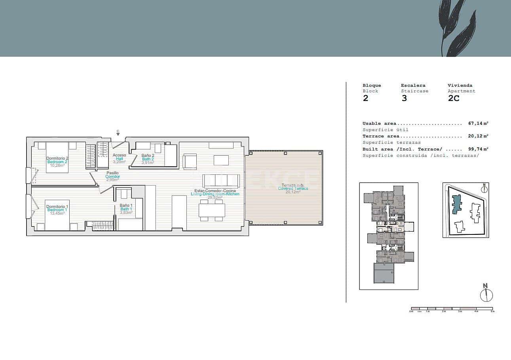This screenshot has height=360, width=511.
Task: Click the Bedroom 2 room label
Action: (57, 162)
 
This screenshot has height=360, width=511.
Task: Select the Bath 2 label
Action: (148, 159)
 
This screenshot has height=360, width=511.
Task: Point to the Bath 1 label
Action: (126, 209)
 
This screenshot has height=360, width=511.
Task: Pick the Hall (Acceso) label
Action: (119, 158)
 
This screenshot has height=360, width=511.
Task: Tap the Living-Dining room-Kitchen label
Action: (215, 194)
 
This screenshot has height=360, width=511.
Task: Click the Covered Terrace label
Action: (293, 189)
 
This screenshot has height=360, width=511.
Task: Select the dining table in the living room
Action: (212, 210)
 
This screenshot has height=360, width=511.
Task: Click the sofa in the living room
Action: (221, 181)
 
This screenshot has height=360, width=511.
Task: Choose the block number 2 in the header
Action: (365, 98)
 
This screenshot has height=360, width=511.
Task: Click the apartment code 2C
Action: (454, 98)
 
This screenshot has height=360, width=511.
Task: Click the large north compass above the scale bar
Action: (486, 294)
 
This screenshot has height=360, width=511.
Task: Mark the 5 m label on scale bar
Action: (492, 312)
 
